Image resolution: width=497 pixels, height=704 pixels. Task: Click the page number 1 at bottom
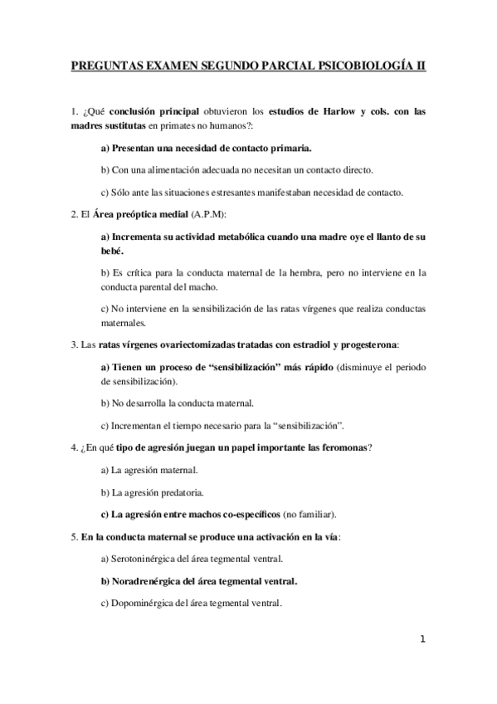[423, 639]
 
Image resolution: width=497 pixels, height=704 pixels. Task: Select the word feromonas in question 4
[341, 448]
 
